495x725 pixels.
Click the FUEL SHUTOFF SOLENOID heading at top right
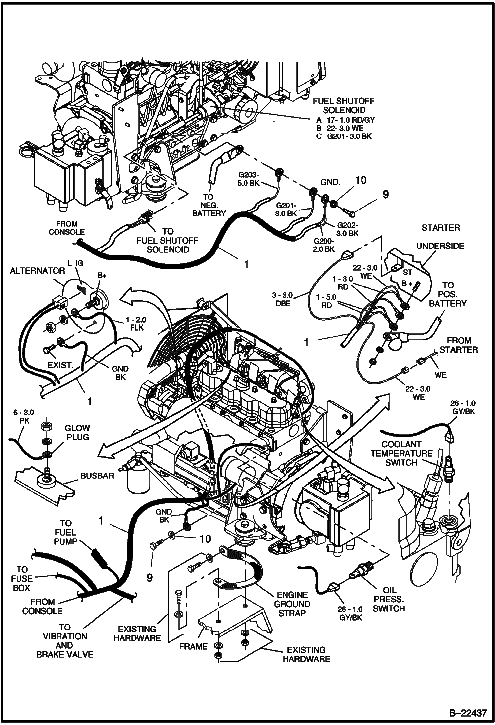[x=344, y=106]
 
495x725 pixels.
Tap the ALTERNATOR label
[x=37, y=271]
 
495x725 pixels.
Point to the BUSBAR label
[x=97, y=476]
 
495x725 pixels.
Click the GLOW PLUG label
[x=77, y=433]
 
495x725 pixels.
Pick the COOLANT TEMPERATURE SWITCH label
[x=401, y=453]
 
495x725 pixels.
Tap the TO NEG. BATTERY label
[x=209, y=205]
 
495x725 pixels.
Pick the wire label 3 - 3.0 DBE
[x=282, y=299]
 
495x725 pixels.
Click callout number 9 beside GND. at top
[x=385, y=195]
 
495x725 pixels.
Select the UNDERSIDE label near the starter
[x=440, y=246]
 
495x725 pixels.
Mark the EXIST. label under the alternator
[x=60, y=365]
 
